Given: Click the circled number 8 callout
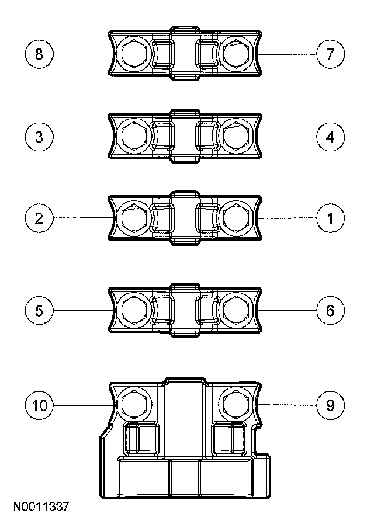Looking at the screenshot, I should pyautogui.click(x=39, y=55).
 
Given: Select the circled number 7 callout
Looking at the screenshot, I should pyautogui.click(x=330, y=55).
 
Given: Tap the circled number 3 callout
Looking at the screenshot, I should pyautogui.click(x=39, y=137).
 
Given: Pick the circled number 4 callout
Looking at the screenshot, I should pyautogui.click(x=330, y=137).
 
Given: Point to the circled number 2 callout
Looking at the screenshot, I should pyautogui.click(x=39, y=219).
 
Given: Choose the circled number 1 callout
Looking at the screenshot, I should pyautogui.click(x=330, y=219).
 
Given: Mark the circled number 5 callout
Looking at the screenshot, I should pyautogui.click(x=39, y=310).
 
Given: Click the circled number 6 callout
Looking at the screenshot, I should pyautogui.click(x=330, y=310).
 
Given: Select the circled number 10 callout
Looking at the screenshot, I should pyautogui.click(x=39, y=405).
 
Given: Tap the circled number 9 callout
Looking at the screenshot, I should pyautogui.click(x=330, y=405).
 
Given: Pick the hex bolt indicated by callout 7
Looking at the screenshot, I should pyautogui.click(x=236, y=55).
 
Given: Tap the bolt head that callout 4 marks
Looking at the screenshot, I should pyautogui.click(x=236, y=138).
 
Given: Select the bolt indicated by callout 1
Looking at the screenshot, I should pyautogui.click(x=236, y=220).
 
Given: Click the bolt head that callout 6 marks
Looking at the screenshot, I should pyautogui.click(x=236, y=310).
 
